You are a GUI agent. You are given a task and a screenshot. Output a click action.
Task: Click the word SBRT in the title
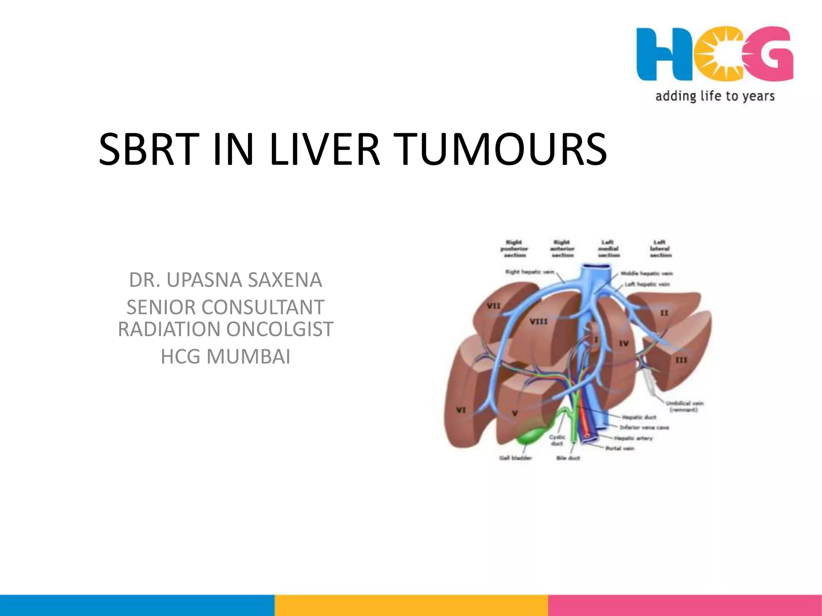pyautogui.click(x=149, y=149)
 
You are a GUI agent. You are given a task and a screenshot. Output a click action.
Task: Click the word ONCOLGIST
pyautogui.click(x=280, y=329)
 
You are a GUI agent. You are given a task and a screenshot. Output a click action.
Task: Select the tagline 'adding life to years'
pyautogui.click(x=715, y=96)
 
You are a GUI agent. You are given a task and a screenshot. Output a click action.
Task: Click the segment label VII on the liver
pyautogui.click(x=494, y=306)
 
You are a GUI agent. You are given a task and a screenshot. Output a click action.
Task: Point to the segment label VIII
pyautogui.click(x=538, y=322)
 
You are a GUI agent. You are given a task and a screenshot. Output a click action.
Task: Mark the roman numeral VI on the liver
pyautogui.click(x=461, y=410)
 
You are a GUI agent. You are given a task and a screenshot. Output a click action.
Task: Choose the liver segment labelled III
pyautogui.click(x=681, y=360)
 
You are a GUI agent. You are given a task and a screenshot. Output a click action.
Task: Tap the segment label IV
pyautogui.click(x=623, y=343)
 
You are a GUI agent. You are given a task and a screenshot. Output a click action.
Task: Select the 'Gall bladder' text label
pyautogui.click(x=515, y=458)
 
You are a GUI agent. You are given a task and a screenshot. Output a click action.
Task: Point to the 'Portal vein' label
pyautogui.click(x=620, y=448)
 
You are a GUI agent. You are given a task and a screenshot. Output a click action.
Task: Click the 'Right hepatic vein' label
pyautogui.click(x=529, y=272)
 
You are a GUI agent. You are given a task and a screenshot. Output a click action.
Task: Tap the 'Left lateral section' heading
pyautogui.click(x=660, y=249)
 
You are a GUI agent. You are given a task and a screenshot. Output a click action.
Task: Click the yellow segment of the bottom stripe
pyautogui.click(x=411, y=605)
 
